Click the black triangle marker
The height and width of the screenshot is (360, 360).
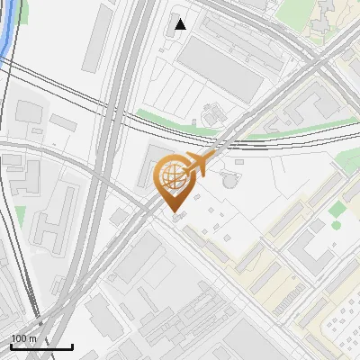(x=181, y=24)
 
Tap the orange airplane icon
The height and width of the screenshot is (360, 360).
(x=199, y=164)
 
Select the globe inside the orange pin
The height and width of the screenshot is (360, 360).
(x=170, y=174)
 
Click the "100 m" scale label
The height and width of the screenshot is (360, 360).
(x=24, y=338)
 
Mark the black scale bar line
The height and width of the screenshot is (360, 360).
(x=41, y=347)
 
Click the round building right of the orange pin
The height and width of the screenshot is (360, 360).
(x=230, y=180)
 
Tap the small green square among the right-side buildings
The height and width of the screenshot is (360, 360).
(x=337, y=210)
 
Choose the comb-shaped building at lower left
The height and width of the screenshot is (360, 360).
(x=54, y=216)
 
